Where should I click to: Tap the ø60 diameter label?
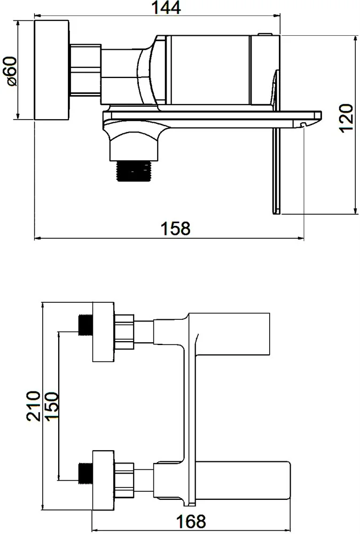[12, 71]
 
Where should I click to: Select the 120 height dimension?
[346, 118]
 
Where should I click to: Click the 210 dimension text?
[33, 406]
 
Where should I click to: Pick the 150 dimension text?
[52, 406]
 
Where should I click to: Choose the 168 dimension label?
[191, 521]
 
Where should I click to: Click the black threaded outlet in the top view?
[134, 171]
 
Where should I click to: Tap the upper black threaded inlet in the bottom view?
[85, 325]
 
